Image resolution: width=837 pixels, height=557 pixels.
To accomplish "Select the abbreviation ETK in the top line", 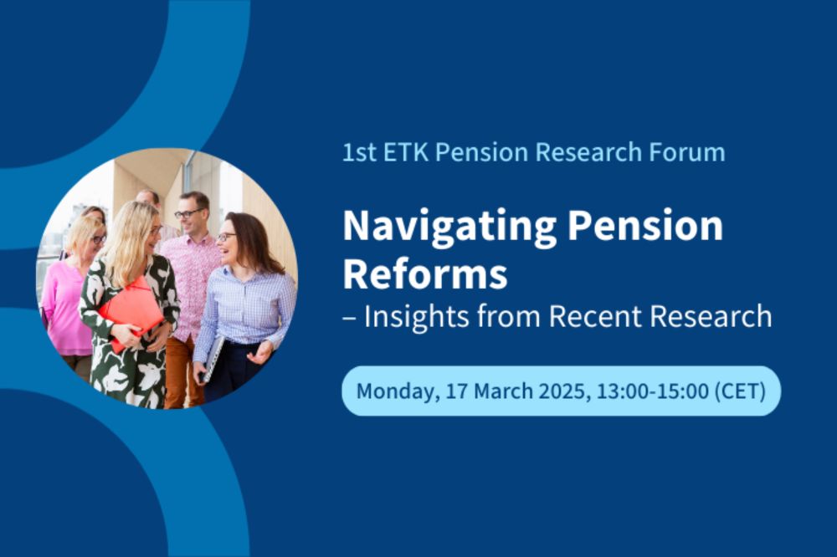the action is [406, 152].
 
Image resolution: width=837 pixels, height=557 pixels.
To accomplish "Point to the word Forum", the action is [687, 152].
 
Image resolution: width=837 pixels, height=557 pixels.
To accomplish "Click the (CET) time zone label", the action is [740, 391].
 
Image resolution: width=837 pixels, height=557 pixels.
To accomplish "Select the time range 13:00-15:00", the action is [652, 391].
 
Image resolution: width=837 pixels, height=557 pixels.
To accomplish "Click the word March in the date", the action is [503, 391].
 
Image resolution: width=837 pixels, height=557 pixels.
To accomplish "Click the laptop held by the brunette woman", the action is [212, 359].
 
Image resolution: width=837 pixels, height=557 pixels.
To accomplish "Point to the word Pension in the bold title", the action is [644, 225].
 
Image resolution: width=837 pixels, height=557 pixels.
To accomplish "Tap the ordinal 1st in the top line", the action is [360, 152].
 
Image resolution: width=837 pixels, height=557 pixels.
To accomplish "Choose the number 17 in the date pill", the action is [456, 391].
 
